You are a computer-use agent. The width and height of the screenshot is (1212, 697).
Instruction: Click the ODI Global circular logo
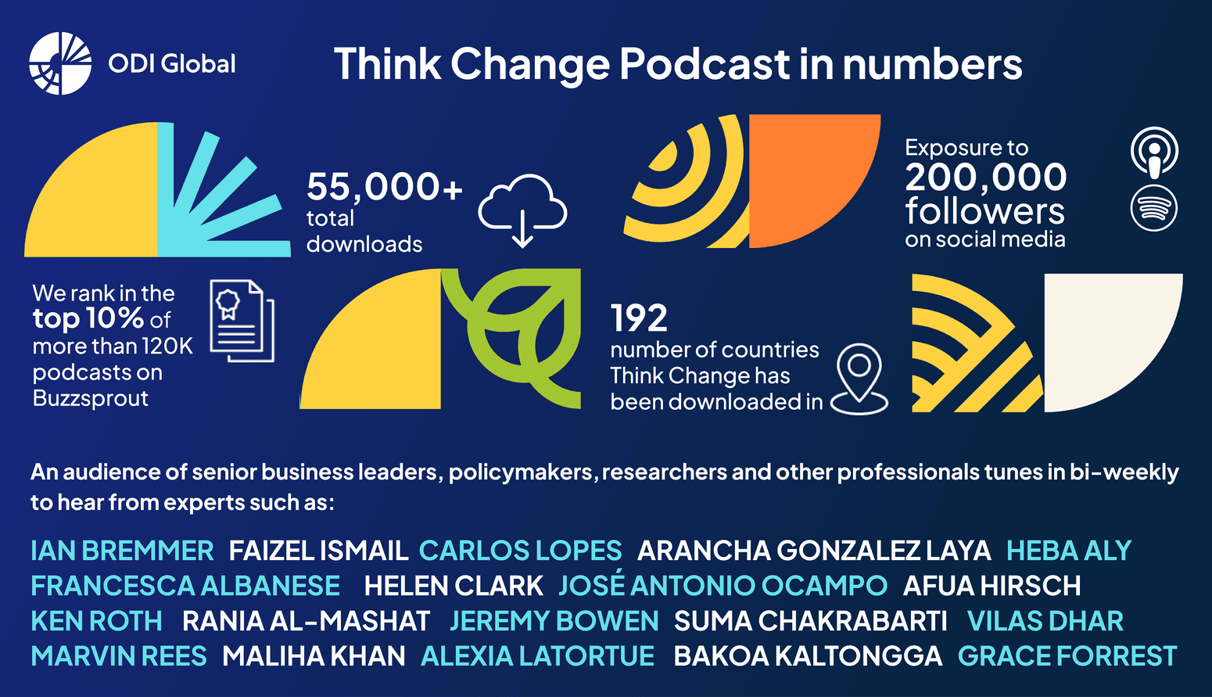60,63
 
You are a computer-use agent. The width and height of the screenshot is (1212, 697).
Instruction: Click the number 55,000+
384,187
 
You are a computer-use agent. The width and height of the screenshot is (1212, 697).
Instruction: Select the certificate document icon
242,321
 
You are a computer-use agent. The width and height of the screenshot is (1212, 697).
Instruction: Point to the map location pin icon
859,379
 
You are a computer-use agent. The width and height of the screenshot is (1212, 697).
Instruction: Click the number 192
639,318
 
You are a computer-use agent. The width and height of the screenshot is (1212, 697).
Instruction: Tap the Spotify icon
1154,208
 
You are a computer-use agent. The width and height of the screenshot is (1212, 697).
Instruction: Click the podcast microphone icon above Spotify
1154,152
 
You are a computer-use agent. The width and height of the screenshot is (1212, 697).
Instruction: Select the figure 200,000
985,178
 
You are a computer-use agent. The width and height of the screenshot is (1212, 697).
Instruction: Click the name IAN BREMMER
122,551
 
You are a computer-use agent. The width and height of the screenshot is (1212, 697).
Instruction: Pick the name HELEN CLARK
453,586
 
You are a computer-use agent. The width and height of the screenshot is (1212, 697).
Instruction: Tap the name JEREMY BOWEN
554,621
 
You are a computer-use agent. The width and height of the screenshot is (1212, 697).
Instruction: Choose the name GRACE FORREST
1067,656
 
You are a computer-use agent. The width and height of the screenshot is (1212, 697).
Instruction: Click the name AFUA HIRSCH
991,586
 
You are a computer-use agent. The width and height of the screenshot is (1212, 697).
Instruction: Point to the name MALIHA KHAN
314,656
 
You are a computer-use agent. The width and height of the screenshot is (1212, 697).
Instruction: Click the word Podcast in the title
705,64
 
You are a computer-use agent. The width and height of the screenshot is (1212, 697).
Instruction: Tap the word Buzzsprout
91,398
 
